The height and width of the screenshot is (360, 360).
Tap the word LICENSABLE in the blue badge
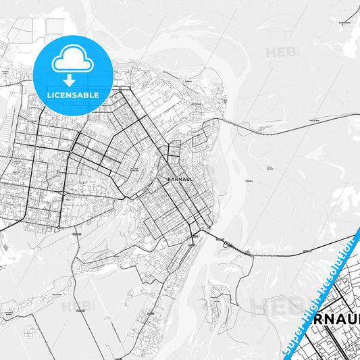(x=72, y=95)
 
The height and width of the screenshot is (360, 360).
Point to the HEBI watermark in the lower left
(x=78, y=306)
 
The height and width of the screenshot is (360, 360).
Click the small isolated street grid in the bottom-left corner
(x=29, y=333)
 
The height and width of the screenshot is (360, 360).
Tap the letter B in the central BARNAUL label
(x=167, y=180)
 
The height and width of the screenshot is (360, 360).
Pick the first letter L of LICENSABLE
(x=48, y=95)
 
